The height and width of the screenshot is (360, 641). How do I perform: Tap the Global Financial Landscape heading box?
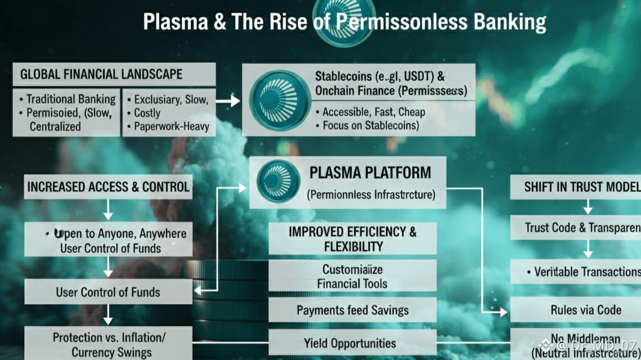pos(114,74)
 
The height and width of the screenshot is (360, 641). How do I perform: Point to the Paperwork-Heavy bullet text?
pos(171,127)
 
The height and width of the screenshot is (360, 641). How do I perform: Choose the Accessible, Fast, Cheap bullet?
pos(374,112)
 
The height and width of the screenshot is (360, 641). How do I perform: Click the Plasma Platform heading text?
pos(370,172)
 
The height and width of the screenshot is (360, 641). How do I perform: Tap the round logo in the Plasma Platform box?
pos(278,181)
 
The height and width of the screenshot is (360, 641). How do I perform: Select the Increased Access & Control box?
pos(108,187)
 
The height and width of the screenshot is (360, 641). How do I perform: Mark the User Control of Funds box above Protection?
pos(108,292)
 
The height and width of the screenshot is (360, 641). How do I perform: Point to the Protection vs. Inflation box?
pos(108,344)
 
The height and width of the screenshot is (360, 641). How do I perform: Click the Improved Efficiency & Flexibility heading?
pos(352,239)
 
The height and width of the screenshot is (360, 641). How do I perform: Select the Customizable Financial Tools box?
pos(352,276)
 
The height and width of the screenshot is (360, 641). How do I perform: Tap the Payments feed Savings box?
pos(352,310)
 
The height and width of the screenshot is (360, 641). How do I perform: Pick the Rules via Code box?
pos(585,310)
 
